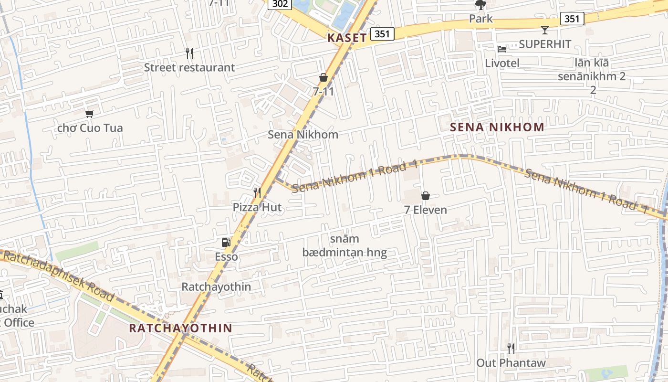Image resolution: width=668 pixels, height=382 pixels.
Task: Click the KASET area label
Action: [x=347, y=38]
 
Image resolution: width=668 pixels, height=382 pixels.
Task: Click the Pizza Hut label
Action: [x=257, y=207]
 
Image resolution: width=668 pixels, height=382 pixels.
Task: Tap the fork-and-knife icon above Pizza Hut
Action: [x=257, y=192]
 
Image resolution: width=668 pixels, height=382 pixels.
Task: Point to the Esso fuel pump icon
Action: [x=226, y=242]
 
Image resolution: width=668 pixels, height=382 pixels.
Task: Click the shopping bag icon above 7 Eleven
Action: [x=425, y=195]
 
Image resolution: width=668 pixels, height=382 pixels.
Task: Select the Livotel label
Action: [x=502, y=63]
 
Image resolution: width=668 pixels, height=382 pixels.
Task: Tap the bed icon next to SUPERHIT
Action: [x=501, y=49]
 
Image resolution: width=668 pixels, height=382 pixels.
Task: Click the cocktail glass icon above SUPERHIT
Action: [x=544, y=30]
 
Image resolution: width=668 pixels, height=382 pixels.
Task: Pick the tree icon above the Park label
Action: [x=480, y=5]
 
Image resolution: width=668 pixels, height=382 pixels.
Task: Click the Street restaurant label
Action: [x=189, y=67]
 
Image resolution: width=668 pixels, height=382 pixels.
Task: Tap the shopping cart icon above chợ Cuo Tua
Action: [x=89, y=113]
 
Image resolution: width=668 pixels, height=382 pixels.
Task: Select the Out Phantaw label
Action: [x=511, y=363]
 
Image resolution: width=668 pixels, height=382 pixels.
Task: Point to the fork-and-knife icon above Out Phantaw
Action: [x=511, y=348]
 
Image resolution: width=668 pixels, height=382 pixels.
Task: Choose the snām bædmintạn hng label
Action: [x=344, y=245]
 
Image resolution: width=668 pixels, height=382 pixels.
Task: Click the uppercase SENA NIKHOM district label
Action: [x=497, y=127]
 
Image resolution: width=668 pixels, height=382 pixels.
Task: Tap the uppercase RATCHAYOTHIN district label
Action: [x=181, y=328]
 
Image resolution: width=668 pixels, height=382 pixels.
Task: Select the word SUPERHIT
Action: [x=545, y=44]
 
